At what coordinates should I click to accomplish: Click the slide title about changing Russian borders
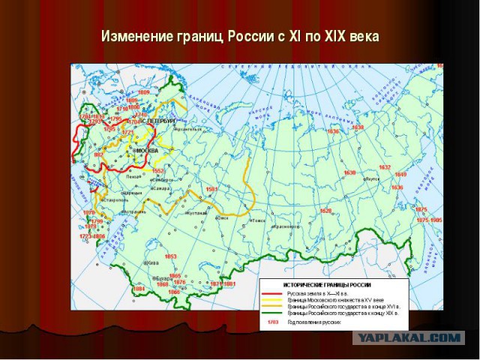click(x=240, y=36)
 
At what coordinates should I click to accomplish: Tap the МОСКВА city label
click(x=146, y=151)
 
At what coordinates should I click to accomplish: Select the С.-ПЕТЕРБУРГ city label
click(x=159, y=121)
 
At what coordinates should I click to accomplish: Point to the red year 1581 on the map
click(x=211, y=189)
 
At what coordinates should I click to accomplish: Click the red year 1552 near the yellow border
click(x=157, y=171)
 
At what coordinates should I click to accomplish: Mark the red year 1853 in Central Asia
click(x=171, y=256)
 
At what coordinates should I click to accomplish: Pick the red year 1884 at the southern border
click(x=139, y=289)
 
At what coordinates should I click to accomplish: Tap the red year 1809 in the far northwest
click(x=133, y=94)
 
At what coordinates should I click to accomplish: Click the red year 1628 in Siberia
click(x=325, y=211)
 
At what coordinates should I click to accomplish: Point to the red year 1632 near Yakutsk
click(x=385, y=167)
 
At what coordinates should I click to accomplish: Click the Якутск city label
click(x=371, y=180)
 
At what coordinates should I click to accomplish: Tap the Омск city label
click(x=221, y=217)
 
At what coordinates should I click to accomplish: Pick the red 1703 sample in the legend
click(x=273, y=322)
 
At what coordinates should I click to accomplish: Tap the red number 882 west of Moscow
click(x=97, y=154)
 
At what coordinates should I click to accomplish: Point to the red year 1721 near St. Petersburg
click(x=127, y=133)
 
